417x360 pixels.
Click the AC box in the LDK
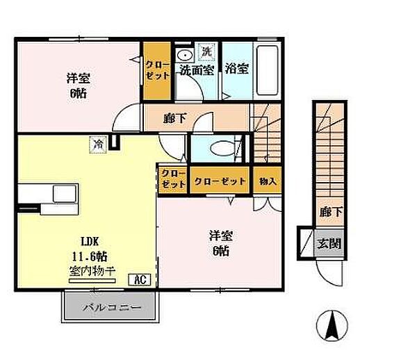pyautogui.click(x=140, y=279)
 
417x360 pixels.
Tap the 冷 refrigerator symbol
pyautogui.click(x=98, y=145)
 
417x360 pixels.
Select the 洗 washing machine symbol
pyautogui.click(x=206, y=51)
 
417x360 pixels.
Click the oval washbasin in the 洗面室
pyautogui.click(x=186, y=56)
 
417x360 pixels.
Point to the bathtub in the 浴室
pyautogui.click(x=268, y=70)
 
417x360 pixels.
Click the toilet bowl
pyautogui.click(x=223, y=148)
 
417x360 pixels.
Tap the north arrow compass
pyautogui.click(x=332, y=325)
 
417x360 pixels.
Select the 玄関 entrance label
pyautogui.click(x=329, y=243)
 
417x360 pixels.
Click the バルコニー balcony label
pyautogui.click(x=112, y=308)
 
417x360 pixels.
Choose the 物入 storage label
pyautogui.click(x=268, y=181)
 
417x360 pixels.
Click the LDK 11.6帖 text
pyautogui.click(x=90, y=249)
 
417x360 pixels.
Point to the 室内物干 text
pyautogui.click(x=92, y=271)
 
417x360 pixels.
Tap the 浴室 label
pyautogui.click(x=237, y=69)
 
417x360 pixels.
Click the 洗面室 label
pyautogui.click(x=197, y=70)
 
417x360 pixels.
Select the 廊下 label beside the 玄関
pyautogui.click(x=331, y=212)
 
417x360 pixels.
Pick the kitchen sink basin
pyautogui.click(x=65, y=194)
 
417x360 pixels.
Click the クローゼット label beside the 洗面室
pyautogui.click(x=158, y=70)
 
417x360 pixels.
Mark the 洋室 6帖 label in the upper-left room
pyautogui.click(x=78, y=85)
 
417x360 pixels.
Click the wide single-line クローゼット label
pyautogui.click(x=220, y=181)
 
